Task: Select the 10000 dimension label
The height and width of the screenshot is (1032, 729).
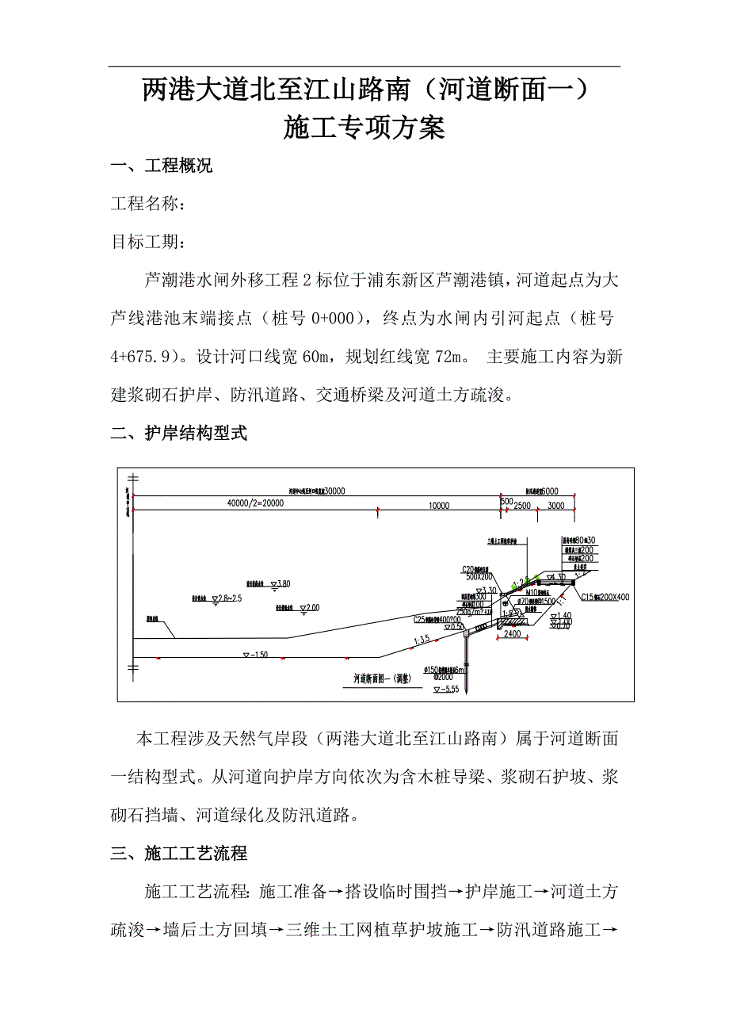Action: point(439,505)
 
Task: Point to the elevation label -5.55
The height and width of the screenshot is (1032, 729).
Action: point(447,689)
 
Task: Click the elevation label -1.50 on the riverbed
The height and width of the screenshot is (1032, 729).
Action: point(257,655)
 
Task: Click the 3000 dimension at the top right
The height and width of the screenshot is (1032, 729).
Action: point(555,505)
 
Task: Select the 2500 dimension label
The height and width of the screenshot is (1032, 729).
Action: point(521,505)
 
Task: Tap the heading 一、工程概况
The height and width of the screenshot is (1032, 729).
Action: point(162,166)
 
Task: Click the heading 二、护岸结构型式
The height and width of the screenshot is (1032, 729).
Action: point(179,433)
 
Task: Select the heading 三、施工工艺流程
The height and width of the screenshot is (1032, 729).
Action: point(179,853)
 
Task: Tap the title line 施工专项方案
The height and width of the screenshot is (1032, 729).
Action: point(364,128)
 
